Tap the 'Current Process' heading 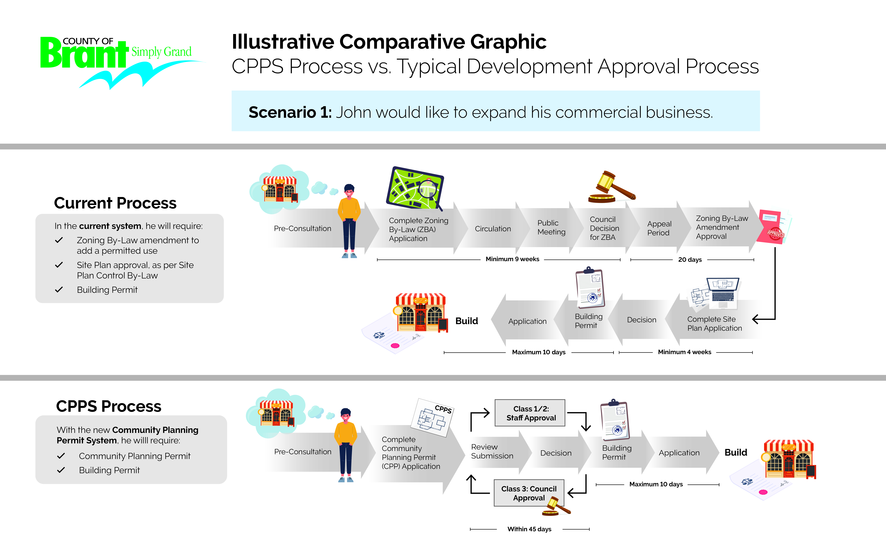click(x=115, y=203)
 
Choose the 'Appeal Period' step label click(x=659, y=228)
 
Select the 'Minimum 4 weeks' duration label click(x=684, y=352)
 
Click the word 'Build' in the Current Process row click(x=466, y=321)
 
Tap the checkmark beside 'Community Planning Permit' click(x=61, y=456)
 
